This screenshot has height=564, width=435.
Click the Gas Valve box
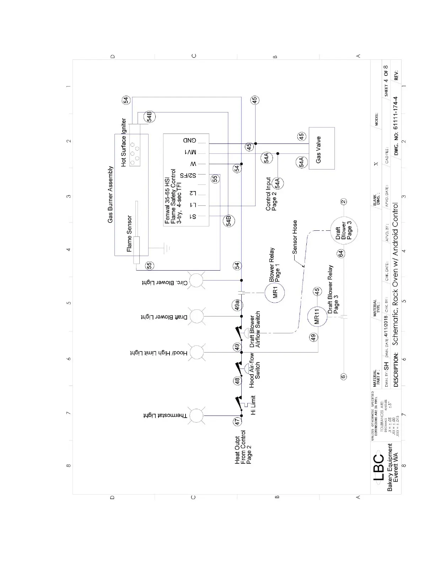click(321, 148)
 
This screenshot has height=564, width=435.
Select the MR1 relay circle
click(274, 293)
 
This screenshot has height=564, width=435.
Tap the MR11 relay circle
click(317, 316)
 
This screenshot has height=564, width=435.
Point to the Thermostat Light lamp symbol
click(196, 416)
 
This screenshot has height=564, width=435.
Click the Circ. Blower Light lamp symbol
click(196, 281)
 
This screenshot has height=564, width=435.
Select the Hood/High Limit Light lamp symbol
click(196, 352)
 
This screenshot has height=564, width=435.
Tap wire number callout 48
click(237, 381)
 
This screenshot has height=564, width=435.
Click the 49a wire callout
click(237, 305)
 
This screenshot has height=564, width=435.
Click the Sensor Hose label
click(295, 237)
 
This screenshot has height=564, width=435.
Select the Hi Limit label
click(253, 406)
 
